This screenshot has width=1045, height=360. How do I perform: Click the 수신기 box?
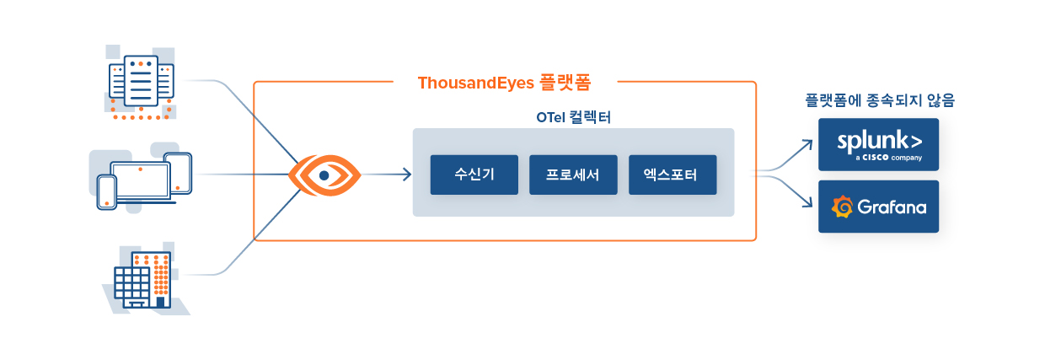pyautogui.click(x=474, y=175)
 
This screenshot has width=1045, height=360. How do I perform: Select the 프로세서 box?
pyautogui.click(x=573, y=175)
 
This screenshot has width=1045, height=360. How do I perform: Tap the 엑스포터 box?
pyautogui.click(x=673, y=175)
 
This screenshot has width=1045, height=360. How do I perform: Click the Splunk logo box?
pyautogui.click(x=878, y=144)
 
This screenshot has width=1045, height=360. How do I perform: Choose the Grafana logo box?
pyautogui.click(x=878, y=207)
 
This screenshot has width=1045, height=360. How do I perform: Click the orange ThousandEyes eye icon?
pyautogui.click(x=324, y=175)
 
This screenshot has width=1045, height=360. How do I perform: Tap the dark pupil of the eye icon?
pyautogui.click(x=324, y=175)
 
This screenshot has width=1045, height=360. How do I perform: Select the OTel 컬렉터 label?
pyautogui.click(x=573, y=117)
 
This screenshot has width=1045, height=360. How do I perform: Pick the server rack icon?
pyautogui.click(x=141, y=82)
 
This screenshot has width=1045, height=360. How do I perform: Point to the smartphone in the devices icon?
pyautogui.click(x=107, y=191)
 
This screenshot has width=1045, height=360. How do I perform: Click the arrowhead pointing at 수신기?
pyautogui.click(x=407, y=175)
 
